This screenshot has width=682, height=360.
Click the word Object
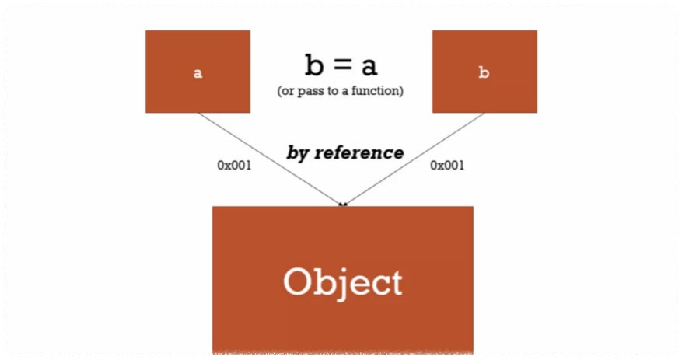pos(342,282)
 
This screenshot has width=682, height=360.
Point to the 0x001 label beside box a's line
pos(234,165)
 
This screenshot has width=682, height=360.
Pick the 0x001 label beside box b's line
pos(447,165)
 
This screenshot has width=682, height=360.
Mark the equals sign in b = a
pos(341,67)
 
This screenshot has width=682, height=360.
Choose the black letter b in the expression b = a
pos(313,65)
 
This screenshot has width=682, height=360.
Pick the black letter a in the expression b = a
pos(369,67)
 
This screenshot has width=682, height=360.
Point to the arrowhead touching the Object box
pos(342,204)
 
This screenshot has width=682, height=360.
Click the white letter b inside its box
pos(484,74)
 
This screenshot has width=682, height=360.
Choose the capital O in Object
pos(299,281)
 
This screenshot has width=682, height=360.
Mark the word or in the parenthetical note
pos(286,92)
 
